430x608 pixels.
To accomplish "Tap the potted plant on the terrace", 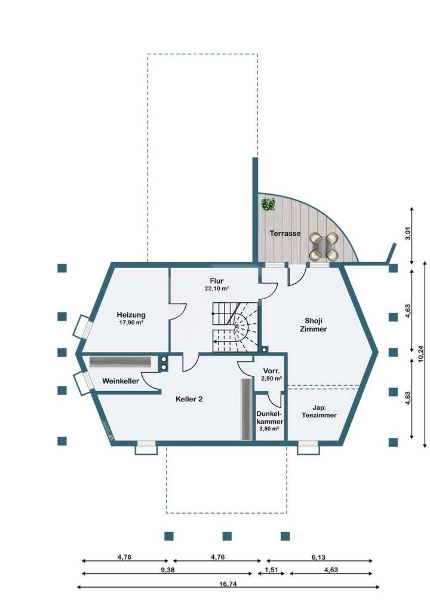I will point(268,204).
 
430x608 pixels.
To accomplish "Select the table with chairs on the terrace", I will point(324,246).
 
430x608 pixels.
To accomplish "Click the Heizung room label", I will point(131,315).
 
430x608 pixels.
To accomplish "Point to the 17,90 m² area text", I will point(131,323).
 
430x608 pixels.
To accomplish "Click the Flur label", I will point(216,280).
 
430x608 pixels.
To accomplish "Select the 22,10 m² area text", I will point(216,288).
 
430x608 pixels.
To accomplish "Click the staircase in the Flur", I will point(235,327).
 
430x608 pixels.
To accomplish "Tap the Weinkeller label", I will point(121,381).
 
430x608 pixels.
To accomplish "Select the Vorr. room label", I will point(271,371).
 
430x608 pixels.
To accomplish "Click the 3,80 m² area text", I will point(270,428).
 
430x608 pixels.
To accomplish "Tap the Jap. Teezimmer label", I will point(319,410).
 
